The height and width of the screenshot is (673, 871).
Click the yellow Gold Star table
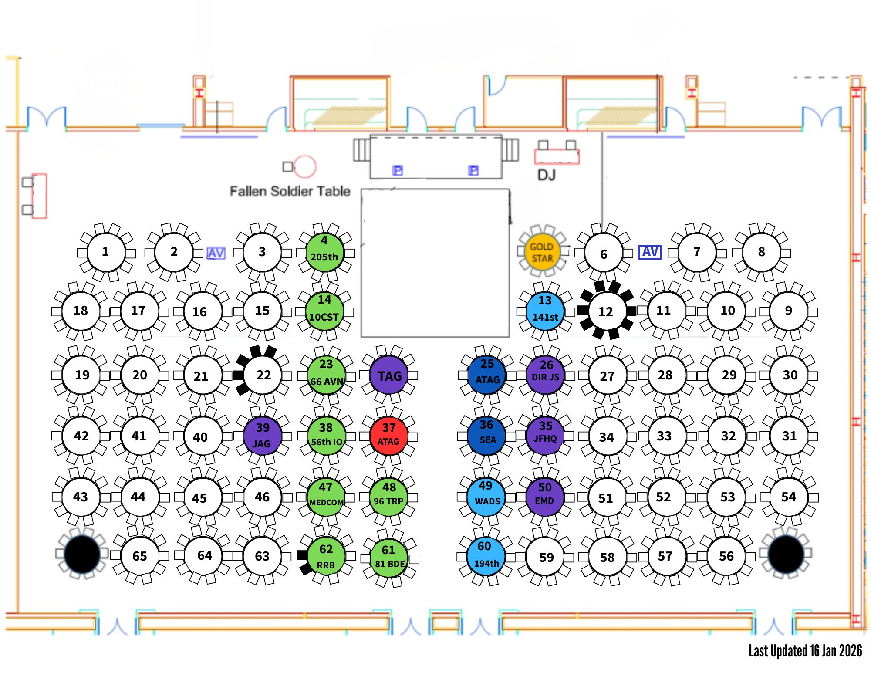click(x=541, y=252)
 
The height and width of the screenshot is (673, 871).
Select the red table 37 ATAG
click(x=388, y=435)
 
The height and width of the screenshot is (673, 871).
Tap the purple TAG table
click(x=389, y=375)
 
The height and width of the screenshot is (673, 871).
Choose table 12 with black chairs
click(x=606, y=311)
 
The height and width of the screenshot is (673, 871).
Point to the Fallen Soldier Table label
click(x=290, y=191)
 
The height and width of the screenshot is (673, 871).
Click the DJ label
click(x=546, y=175)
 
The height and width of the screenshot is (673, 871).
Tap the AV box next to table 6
click(x=650, y=252)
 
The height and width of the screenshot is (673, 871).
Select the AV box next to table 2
click(x=216, y=253)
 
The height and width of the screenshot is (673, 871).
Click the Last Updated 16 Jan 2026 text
click(x=805, y=651)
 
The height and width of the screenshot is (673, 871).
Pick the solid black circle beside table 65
click(x=82, y=554)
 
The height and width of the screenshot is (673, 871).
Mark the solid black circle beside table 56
click(x=786, y=554)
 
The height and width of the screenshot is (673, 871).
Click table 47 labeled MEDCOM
click(x=326, y=496)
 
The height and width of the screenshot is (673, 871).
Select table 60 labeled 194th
click(x=486, y=555)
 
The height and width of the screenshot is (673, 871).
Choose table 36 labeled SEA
click(x=486, y=435)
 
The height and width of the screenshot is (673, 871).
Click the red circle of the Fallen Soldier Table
click(x=304, y=166)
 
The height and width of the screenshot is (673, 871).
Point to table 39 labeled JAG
click(x=262, y=435)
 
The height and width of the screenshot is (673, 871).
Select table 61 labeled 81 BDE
click(x=389, y=557)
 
